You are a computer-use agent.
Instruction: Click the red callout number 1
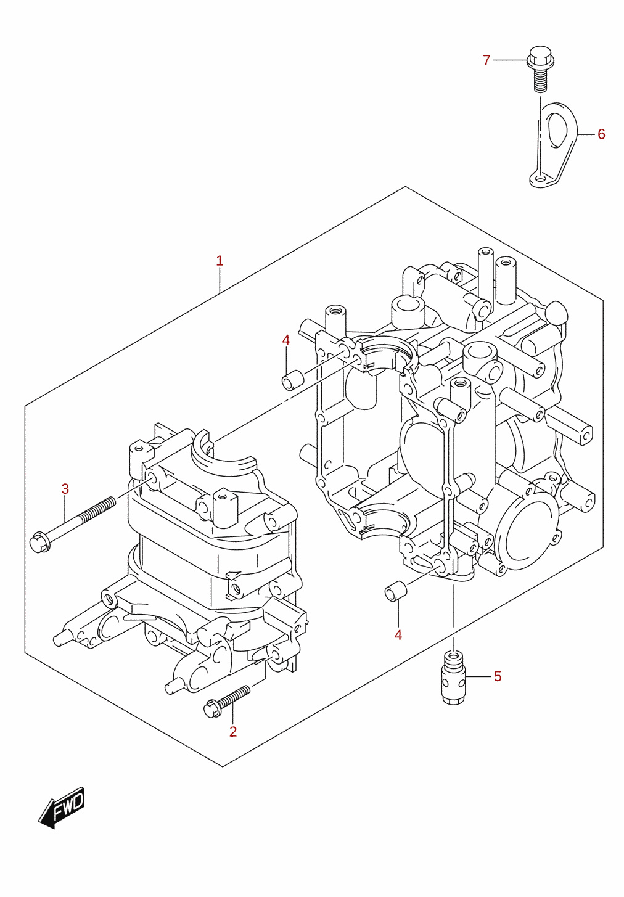220,261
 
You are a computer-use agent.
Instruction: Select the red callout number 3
65,488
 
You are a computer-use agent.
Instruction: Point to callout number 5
498,676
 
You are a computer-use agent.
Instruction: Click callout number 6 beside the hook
601,134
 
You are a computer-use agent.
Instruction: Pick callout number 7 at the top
486,60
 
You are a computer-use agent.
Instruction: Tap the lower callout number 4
398,635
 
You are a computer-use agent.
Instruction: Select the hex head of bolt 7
540,58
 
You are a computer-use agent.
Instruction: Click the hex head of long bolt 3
40,543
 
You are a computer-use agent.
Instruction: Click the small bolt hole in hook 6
540,178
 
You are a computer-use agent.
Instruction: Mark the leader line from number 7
510,60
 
